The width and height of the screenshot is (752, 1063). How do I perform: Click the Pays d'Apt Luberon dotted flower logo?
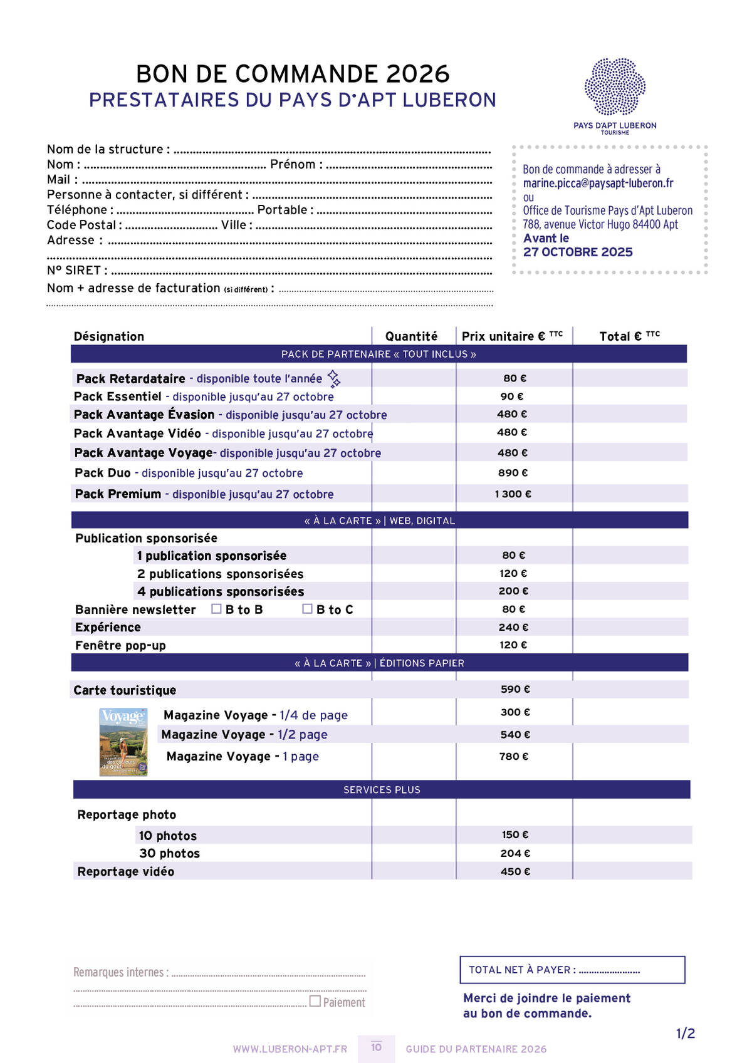click(615, 87)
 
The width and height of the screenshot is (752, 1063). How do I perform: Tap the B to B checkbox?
click(217, 609)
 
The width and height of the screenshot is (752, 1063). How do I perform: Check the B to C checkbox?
click(307, 609)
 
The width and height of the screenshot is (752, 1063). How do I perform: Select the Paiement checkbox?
click(315, 1001)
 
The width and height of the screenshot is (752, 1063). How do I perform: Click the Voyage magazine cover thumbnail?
click(123, 742)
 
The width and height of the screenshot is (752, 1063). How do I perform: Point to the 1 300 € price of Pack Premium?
click(513, 494)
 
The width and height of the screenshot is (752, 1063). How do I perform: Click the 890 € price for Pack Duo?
click(513, 473)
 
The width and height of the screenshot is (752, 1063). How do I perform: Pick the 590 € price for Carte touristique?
click(514, 689)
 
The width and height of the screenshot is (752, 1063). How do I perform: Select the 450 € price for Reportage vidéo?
click(515, 871)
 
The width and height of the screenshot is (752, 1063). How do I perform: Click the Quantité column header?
click(411, 336)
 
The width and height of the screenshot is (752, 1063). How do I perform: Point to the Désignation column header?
click(109, 336)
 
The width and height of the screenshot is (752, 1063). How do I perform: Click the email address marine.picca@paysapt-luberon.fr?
click(598, 183)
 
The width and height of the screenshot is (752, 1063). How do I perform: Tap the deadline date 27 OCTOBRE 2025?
click(578, 252)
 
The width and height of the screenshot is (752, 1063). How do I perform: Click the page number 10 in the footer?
click(376, 1047)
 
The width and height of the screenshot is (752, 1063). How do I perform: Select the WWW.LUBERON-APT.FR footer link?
click(290, 1049)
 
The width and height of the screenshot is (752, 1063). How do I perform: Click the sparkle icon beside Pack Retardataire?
click(334, 378)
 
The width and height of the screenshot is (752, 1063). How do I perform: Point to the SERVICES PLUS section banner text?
click(382, 790)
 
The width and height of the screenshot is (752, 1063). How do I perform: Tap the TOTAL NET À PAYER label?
click(521, 970)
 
